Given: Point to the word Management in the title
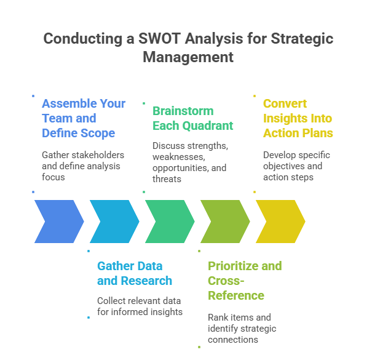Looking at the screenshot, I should coord(188,57).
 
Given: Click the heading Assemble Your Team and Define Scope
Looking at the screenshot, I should coord(83,118).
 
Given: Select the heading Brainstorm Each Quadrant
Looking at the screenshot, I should coord(192,118).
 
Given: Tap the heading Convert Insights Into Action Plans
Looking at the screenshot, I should coord(298,118).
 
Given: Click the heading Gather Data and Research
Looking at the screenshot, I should coord(134,273).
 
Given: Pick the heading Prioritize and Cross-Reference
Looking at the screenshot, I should coord(244,281).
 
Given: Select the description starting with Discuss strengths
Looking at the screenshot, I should coord(189,162).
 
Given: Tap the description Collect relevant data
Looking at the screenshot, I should coord(140,306).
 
